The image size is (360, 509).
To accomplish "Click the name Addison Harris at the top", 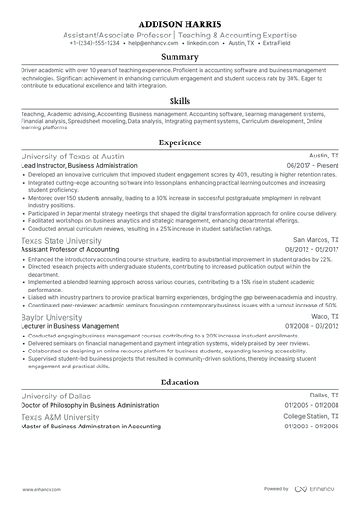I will click(180, 22).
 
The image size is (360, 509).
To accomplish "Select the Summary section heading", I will click(180, 57).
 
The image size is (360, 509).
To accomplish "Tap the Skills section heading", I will click(180, 100).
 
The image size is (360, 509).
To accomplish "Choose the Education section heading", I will click(180, 382).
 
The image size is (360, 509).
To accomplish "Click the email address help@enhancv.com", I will click(153, 43).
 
